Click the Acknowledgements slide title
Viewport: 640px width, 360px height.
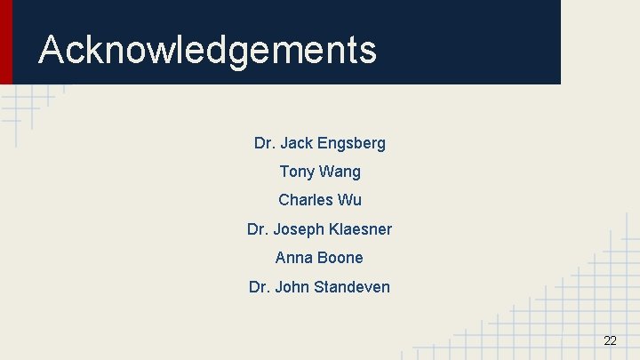(207, 50)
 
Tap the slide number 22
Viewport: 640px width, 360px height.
(610, 340)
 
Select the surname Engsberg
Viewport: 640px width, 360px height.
(351, 143)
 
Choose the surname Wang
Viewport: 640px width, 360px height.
(340, 172)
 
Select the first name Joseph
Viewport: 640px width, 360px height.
(299, 229)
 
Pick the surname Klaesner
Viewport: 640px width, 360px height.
(359, 229)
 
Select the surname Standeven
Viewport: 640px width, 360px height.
(352, 287)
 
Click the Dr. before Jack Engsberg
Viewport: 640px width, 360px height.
(264, 142)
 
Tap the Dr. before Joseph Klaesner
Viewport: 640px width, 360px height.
(257, 229)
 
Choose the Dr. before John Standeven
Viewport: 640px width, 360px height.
(260, 287)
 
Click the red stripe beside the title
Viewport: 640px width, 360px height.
(6, 42)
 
